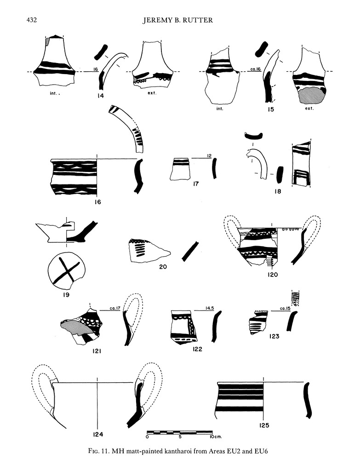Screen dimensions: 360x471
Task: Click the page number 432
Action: tap(32, 20)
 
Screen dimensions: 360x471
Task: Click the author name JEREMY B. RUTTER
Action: tap(178, 20)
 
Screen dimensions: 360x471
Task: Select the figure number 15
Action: tap(270, 109)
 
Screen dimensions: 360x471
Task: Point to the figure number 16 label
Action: tap(97, 202)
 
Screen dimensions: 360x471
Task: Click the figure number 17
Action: tap(195, 184)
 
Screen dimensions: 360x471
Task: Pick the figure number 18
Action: tap(278, 191)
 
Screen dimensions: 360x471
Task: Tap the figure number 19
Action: tap(66, 295)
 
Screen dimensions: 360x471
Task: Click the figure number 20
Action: tap(163, 266)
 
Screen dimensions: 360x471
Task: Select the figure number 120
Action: tap(273, 274)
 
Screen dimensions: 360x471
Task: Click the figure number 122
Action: tap(198, 349)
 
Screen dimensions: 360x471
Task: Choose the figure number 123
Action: tap(274, 336)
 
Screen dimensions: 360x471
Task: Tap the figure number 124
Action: tap(98, 434)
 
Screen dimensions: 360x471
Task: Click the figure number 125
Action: tap(263, 425)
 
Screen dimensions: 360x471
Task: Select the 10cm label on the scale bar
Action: tap(216, 437)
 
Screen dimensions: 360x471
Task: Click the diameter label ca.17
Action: tap(115, 308)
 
